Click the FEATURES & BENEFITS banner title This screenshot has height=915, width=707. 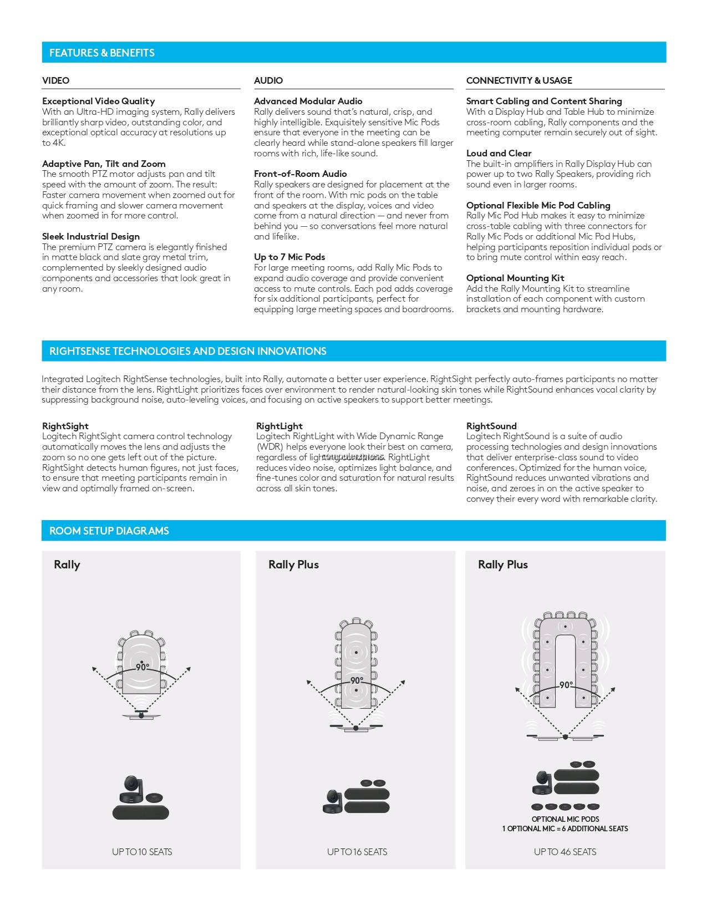coord(102,53)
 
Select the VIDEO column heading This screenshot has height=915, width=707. coord(56,80)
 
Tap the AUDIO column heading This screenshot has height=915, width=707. coord(268,80)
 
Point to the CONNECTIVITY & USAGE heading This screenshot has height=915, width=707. coord(519,80)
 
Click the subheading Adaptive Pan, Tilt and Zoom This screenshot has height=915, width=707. coord(104,164)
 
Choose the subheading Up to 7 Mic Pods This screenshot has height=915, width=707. coord(289,257)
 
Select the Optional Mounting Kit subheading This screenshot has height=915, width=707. coord(515,278)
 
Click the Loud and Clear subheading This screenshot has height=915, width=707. coord(499,153)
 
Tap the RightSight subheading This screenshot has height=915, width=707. coord(65,426)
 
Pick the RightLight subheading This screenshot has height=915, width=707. coord(279,426)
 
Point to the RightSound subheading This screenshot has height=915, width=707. coord(491,426)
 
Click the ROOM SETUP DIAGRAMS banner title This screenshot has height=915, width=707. coord(109,531)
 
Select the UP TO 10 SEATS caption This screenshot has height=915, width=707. coord(142,852)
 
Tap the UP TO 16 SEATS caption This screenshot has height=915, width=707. coord(357,852)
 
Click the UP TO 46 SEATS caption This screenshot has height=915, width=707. coord(565,852)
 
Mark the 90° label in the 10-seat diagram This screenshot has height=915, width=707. coord(143,668)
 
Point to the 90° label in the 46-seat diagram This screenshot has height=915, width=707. coord(566,685)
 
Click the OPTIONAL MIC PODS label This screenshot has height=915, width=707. coord(565,819)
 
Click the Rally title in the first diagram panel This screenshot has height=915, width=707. coord(67,565)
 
